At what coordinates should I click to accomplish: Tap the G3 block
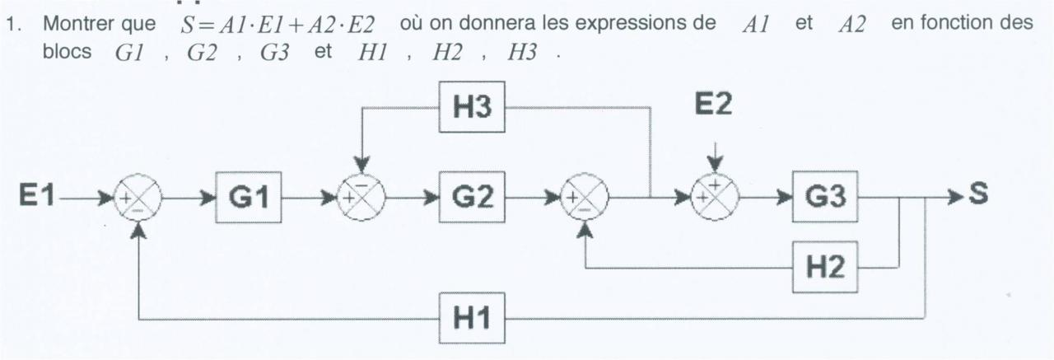[x=824, y=198]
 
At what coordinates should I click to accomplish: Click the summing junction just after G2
[x=585, y=199]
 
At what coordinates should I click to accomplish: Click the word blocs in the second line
[x=66, y=50]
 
